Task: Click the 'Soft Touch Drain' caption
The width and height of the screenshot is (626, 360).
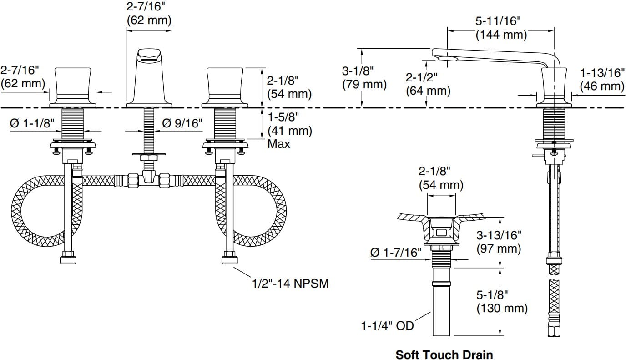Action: (444, 354)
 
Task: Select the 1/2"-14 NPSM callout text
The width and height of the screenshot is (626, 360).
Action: (290, 284)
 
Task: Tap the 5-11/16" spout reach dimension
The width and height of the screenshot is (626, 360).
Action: (498, 21)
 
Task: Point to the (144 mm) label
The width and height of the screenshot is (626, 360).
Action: (501, 35)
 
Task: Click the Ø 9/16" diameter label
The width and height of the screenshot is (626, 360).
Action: (182, 123)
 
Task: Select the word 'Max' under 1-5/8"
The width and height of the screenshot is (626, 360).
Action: (279, 144)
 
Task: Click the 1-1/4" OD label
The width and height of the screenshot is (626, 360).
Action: (388, 326)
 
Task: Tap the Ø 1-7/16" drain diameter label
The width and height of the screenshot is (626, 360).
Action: (396, 253)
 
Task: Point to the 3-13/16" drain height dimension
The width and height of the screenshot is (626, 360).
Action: (499, 235)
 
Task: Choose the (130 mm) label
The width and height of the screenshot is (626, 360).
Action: (502, 308)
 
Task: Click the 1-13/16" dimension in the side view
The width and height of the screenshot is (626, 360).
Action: (602, 73)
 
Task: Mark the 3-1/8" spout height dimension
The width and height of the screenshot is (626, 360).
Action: (358, 71)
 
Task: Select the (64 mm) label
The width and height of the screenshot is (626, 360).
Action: (428, 91)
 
